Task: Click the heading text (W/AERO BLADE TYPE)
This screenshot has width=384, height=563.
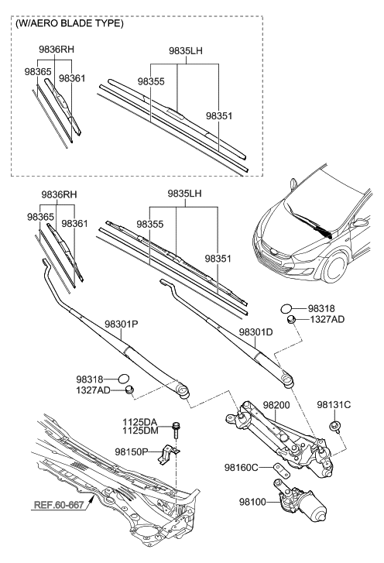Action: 68,24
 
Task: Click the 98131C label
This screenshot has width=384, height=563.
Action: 334,404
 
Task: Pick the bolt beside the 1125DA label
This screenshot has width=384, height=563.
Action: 177,427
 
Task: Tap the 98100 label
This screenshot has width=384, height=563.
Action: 250,502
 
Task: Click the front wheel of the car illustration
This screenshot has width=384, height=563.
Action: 334,267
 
